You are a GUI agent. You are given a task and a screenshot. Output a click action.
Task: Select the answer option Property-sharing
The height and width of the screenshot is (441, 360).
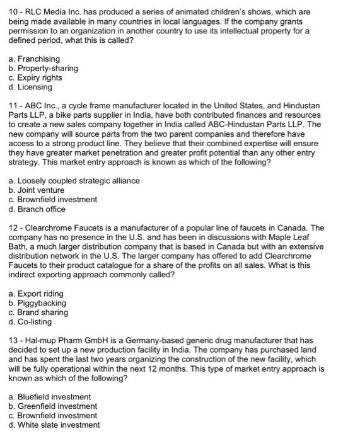tap(44, 69)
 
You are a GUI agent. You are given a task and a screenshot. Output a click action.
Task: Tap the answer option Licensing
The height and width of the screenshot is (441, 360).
tap(35, 87)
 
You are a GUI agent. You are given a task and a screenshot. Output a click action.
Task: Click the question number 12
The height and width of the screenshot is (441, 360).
tap(13, 228)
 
